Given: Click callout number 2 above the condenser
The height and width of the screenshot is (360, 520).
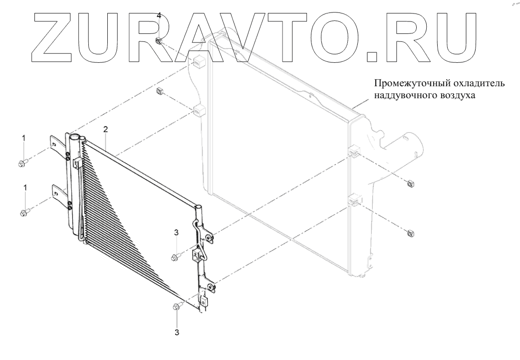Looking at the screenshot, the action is (x=105, y=129).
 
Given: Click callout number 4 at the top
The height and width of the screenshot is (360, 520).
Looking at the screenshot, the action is (x=159, y=16).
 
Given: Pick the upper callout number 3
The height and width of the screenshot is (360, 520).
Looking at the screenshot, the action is (x=176, y=232).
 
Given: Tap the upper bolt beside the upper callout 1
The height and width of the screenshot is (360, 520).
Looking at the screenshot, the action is (x=23, y=163).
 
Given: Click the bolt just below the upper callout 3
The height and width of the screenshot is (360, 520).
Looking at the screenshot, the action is (x=176, y=257).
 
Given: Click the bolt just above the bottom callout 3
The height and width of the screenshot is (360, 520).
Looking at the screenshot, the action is (x=177, y=307).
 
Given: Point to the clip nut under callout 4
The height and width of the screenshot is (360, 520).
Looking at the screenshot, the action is (x=159, y=41).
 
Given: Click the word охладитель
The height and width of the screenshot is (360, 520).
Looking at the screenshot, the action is (x=475, y=83).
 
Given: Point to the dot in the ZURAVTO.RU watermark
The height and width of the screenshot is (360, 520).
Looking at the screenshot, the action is (x=370, y=56).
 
